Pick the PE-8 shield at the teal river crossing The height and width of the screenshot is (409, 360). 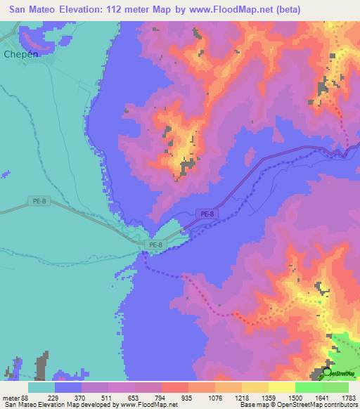click(x=155, y=245)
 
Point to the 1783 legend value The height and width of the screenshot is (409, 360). click(x=347, y=398)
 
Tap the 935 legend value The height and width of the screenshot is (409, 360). click(x=188, y=398)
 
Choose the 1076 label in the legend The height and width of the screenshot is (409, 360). click(x=214, y=398)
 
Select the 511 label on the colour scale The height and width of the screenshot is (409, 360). click(x=108, y=398)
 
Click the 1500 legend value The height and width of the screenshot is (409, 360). click(x=294, y=398)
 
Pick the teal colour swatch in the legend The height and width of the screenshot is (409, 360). click(x=41, y=387)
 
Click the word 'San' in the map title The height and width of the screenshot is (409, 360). click(x=19, y=10)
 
